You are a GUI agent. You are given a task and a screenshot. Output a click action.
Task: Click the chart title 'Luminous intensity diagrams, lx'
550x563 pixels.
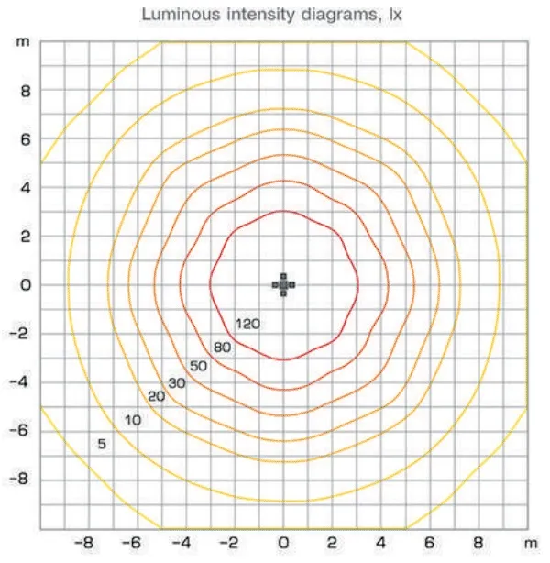tap(275, 15)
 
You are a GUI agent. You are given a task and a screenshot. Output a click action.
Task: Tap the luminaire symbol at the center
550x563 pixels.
tap(284, 284)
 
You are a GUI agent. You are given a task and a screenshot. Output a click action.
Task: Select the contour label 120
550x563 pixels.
tap(248, 324)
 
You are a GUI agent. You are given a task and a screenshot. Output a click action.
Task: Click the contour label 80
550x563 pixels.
tap(223, 348)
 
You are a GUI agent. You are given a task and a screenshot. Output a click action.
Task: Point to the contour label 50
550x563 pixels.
tap(199, 367)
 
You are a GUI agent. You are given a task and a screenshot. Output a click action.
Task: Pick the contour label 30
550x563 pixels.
tap(177, 382)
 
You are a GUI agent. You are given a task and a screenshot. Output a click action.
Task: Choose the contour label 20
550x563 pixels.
tap(156, 396)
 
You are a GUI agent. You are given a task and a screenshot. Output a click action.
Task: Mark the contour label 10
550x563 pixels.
tap(133, 420)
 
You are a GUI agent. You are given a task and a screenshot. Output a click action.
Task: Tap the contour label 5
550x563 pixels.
tap(102, 445)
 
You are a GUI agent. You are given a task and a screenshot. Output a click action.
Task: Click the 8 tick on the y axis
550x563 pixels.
tap(27, 91)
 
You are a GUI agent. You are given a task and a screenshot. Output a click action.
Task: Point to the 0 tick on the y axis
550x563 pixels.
tap(27, 285)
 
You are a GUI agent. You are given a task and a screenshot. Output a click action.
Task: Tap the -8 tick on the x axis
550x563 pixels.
tap(86, 543)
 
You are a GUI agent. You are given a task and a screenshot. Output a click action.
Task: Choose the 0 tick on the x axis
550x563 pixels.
tap(284, 543)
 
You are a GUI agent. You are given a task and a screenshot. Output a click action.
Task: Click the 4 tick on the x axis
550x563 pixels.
tap(381, 543)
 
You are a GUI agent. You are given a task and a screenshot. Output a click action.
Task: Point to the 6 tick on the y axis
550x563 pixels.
tap(27, 139)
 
